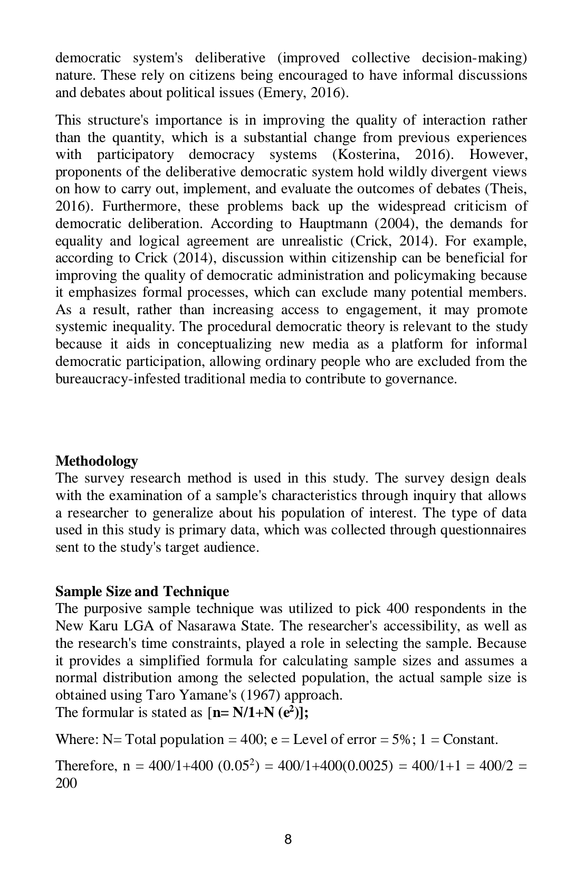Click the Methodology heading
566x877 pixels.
point(97,461)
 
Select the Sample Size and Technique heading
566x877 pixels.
point(142,591)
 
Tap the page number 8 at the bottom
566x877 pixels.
point(287,839)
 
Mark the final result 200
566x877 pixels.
point(66,782)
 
